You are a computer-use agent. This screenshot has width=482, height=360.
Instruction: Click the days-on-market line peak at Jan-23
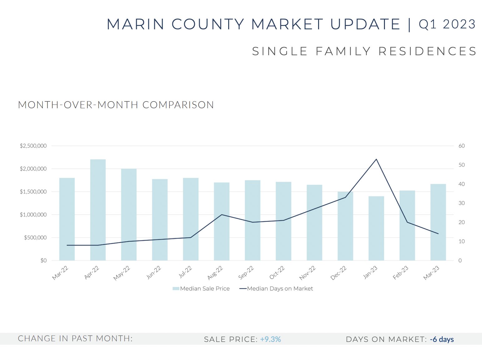pyautogui.click(x=376, y=159)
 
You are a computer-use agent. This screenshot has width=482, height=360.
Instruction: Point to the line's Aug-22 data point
pyautogui.click(x=222, y=215)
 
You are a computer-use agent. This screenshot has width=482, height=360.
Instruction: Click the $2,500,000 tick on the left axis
pyautogui.click(x=33, y=146)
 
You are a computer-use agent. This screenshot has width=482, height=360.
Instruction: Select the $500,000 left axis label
pyautogui.click(x=35, y=238)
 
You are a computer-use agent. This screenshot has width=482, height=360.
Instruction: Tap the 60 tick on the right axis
pyautogui.click(x=461, y=146)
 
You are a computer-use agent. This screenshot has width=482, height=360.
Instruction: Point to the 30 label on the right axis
pyautogui.click(x=461, y=203)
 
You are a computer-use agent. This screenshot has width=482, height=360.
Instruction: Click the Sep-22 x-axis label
pyautogui.click(x=246, y=272)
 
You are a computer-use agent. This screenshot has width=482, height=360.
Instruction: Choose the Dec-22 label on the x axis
pyautogui.click(x=339, y=273)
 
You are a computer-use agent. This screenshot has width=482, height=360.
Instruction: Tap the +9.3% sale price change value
pyautogui.click(x=270, y=339)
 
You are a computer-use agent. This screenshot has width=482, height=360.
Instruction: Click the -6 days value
pyautogui.click(x=441, y=339)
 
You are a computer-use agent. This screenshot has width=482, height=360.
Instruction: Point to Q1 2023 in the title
pyautogui.click(x=447, y=24)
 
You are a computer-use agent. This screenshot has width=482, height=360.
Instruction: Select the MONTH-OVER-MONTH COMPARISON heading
pyautogui.click(x=116, y=105)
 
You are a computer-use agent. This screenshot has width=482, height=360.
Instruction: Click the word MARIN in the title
pyautogui.click(x=135, y=24)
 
